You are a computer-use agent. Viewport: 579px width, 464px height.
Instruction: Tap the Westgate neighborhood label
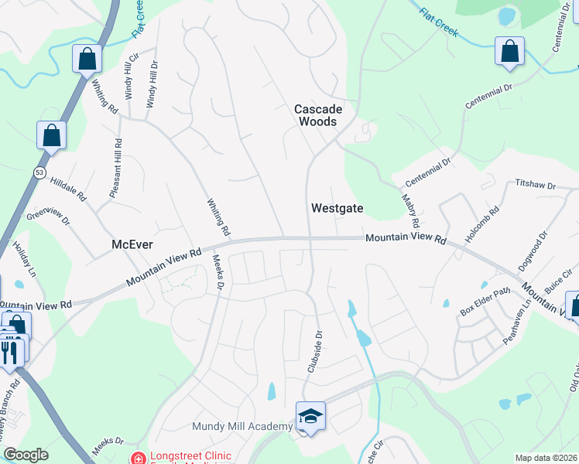337,208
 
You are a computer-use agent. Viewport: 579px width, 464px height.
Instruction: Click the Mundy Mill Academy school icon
310,417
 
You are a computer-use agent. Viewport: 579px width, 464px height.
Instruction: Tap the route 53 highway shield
40,171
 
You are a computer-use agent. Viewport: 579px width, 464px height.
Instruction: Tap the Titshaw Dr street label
536,186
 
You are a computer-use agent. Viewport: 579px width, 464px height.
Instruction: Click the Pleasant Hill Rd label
116,168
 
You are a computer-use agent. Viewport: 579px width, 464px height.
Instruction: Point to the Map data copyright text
546,458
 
